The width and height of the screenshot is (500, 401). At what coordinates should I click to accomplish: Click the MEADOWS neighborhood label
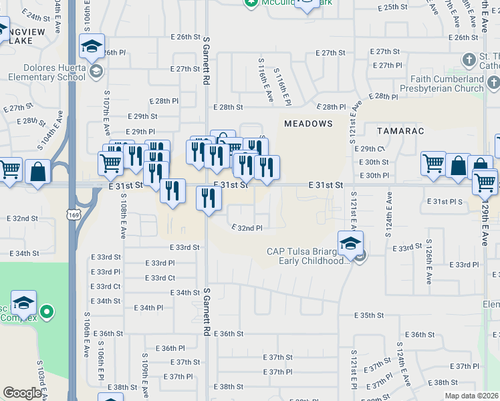(x=308, y=124)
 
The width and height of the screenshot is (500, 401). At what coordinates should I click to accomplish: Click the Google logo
(x=22, y=393)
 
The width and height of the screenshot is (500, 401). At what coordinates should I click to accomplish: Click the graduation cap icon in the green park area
(x=23, y=303)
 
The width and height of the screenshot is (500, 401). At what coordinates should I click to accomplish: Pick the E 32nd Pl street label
(x=247, y=228)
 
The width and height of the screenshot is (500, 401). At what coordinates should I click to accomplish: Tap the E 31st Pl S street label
(x=449, y=201)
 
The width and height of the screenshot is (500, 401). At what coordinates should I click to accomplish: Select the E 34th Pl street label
(x=148, y=307)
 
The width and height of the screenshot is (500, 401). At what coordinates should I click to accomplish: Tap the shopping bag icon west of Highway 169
(x=38, y=172)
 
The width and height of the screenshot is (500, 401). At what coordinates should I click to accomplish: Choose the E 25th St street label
(x=392, y=7)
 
